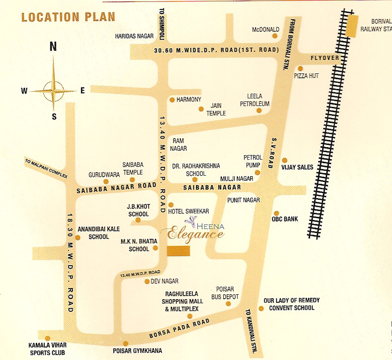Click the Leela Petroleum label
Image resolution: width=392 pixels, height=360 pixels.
point(258,99)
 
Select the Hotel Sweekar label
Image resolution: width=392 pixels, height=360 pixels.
point(192,212)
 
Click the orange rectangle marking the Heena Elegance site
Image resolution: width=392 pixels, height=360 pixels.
point(178,251)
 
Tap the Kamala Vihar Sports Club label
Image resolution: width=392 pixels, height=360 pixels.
point(47,349)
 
